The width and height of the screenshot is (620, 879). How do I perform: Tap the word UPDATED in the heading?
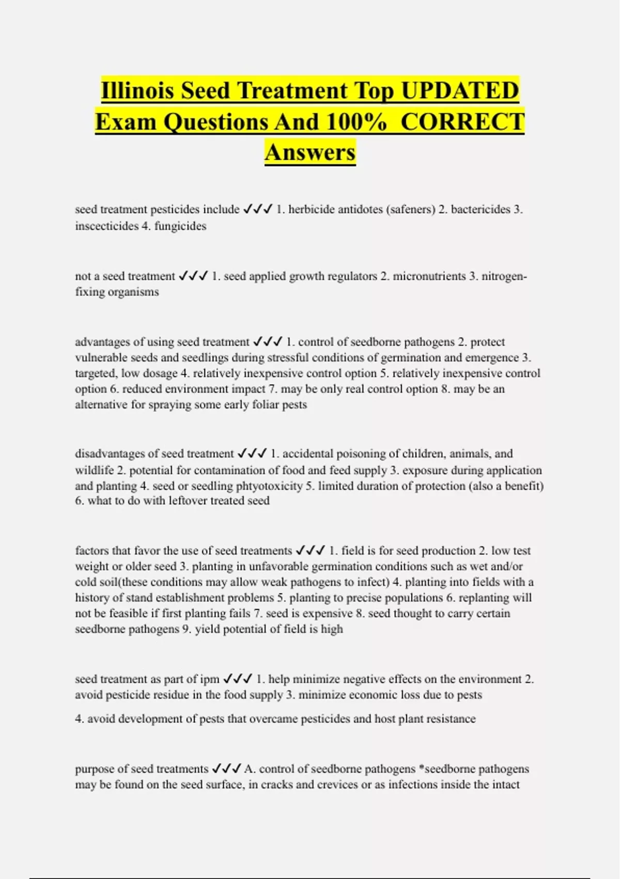[x=460, y=90]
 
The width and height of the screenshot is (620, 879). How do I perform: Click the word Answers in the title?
[x=310, y=153]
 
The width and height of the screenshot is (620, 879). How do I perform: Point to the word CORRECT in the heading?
[x=462, y=122]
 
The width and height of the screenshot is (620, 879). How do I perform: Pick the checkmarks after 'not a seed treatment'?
[x=193, y=276]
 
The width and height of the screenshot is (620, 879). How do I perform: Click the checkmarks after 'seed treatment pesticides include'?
[x=257, y=209]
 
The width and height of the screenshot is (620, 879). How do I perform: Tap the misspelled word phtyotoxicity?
[x=269, y=486]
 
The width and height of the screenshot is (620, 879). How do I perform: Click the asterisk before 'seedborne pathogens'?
[x=421, y=768]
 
